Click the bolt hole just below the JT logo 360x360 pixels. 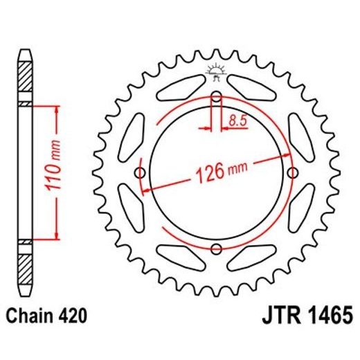click(x=217, y=96)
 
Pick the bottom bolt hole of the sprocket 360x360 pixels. click(x=217, y=249)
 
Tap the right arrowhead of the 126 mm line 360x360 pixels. click(x=289, y=155)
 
